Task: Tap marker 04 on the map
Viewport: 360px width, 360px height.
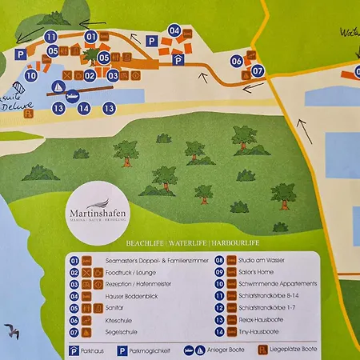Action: click(x=174, y=30)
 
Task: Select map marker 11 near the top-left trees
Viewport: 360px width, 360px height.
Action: click(x=51, y=37)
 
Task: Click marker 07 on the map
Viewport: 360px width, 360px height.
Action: click(x=257, y=70)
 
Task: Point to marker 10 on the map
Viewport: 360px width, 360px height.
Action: click(x=31, y=76)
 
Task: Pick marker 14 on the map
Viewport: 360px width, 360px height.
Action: click(x=83, y=108)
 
